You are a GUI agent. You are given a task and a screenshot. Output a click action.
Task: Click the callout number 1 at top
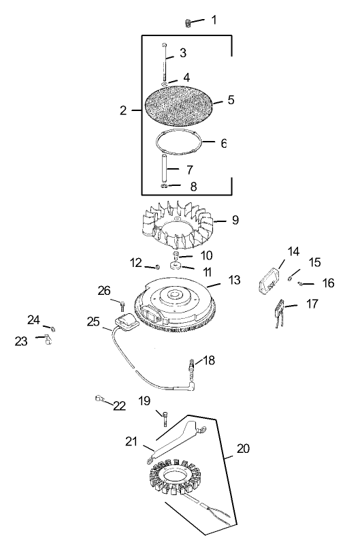(214, 20)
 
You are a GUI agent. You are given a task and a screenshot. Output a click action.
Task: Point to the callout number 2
(123, 110)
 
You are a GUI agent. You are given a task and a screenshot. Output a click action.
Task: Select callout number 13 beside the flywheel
(235, 281)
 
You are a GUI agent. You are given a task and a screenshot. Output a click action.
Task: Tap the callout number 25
(93, 321)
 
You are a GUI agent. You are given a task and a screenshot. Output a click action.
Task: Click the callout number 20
(243, 449)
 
